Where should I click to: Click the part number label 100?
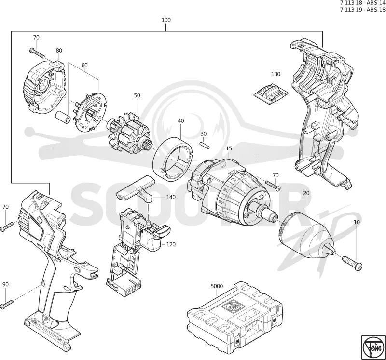[x=166, y=20]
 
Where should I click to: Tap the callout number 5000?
[x=217, y=286]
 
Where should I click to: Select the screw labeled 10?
[x=352, y=263]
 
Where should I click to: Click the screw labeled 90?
[x=7, y=304]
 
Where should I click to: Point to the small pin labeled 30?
[x=205, y=145]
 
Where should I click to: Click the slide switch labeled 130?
[x=271, y=93]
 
